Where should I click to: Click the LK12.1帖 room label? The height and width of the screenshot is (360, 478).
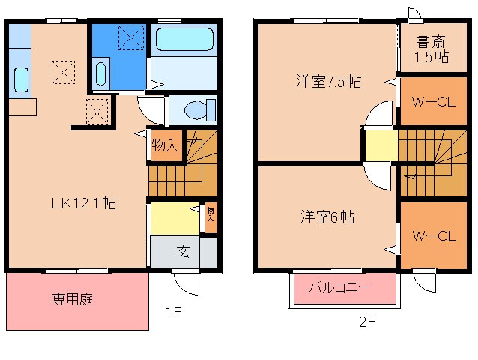[82, 202]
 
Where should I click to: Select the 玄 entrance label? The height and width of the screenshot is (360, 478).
[183, 251]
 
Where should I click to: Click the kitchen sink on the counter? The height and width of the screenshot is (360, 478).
[21, 78]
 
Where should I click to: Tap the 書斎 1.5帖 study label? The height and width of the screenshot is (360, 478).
[432, 49]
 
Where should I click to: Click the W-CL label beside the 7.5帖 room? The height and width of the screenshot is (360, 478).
[434, 104]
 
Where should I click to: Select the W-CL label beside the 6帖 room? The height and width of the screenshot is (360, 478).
[434, 236]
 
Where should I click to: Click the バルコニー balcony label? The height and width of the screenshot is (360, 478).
[339, 287]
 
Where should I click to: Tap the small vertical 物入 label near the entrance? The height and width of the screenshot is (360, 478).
[211, 217]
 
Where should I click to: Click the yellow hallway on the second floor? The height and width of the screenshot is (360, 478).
[381, 146]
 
